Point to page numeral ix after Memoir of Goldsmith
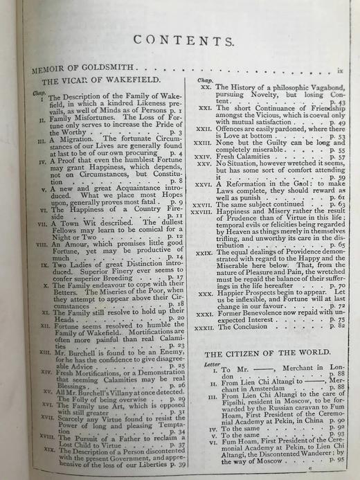[x=339, y=71]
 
